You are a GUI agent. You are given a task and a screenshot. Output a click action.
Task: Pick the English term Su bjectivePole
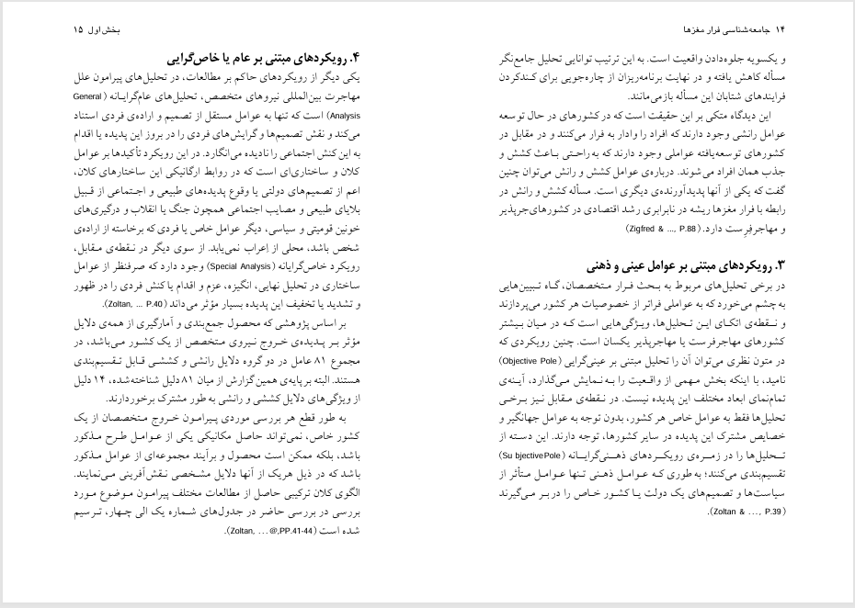533,455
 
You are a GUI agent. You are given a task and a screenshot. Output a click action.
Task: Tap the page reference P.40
159,304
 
